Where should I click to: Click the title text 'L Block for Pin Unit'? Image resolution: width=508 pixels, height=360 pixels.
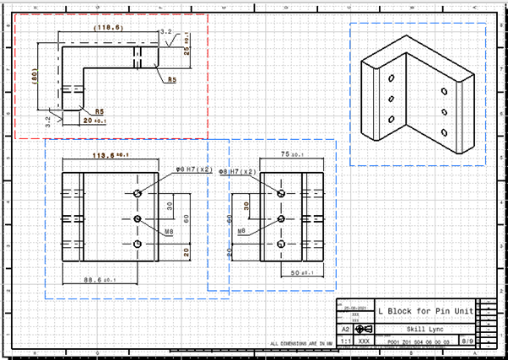(425, 310)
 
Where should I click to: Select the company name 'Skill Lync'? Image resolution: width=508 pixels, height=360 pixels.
(405, 329)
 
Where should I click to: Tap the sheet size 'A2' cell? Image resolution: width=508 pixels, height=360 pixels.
(345, 329)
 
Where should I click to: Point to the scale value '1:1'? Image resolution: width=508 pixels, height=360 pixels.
(345, 341)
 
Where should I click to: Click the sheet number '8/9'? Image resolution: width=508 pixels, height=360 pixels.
(467, 341)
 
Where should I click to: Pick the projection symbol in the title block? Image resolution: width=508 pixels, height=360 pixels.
(364, 329)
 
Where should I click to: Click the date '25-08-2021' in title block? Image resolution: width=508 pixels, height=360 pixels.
(354, 307)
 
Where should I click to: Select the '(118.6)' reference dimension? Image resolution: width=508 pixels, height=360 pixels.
(108, 28)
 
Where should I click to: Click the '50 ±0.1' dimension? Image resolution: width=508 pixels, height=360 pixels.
(300, 273)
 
